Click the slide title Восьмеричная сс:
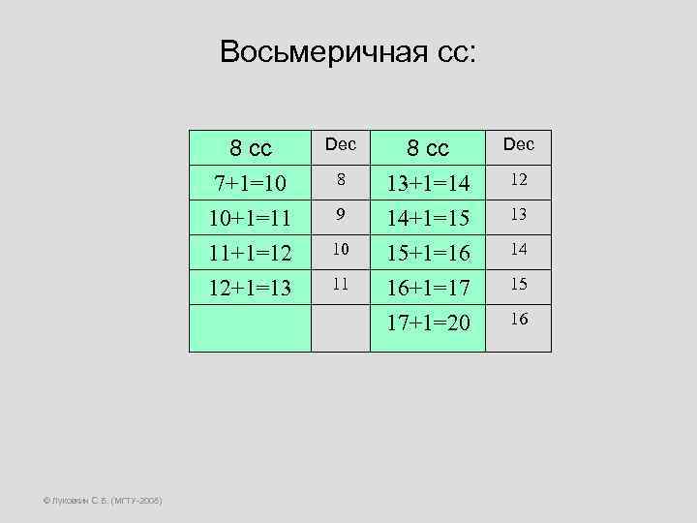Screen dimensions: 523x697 (x=348, y=51)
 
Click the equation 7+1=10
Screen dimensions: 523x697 (x=250, y=183)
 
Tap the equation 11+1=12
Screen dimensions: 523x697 (x=250, y=254)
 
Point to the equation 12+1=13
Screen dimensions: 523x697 (x=250, y=289)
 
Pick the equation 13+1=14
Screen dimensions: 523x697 (x=428, y=183)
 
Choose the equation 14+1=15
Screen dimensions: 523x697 (x=428, y=218)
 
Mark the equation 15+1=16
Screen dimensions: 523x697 (x=428, y=254)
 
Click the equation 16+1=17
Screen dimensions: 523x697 (x=428, y=289)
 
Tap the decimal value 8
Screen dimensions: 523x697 (x=341, y=179)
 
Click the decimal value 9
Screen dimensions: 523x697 (x=341, y=215)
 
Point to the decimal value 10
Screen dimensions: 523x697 (x=341, y=250)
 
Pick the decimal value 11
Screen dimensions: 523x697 (x=341, y=285)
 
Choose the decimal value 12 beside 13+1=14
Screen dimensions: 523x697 (x=519, y=179)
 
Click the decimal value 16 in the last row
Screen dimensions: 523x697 (x=519, y=319)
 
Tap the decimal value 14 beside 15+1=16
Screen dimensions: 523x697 (x=519, y=250)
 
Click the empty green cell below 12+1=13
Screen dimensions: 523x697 (x=250, y=329)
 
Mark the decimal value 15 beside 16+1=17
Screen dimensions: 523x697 (x=519, y=285)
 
